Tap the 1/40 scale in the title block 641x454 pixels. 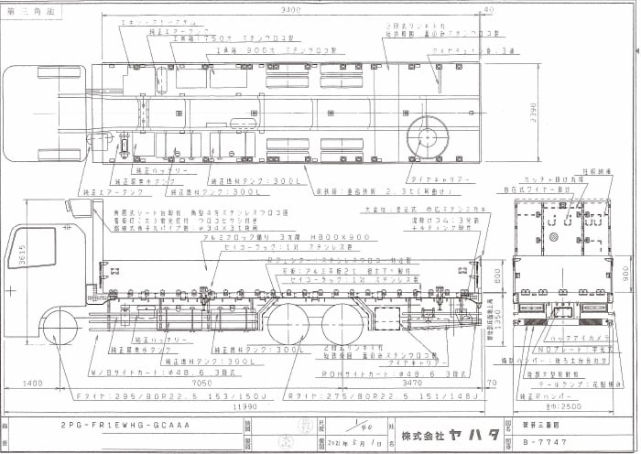pos(351,424)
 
